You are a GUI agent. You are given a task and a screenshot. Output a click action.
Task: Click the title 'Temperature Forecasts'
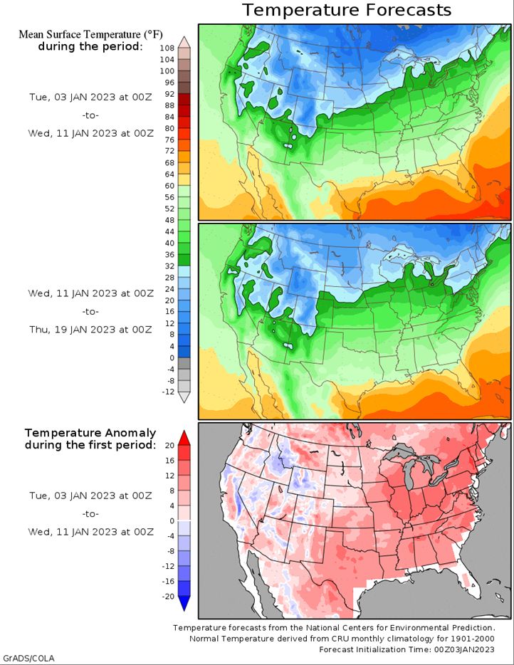point(347,10)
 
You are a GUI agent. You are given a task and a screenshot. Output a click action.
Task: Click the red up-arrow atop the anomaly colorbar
point(183,436)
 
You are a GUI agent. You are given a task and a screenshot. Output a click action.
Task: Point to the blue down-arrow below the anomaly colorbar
point(183,603)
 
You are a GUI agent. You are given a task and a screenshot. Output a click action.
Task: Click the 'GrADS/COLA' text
point(28,657)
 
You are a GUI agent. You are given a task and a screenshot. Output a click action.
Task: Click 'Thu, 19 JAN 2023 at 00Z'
point(90,329)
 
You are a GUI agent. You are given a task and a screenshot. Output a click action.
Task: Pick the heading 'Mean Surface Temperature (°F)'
point(89,34)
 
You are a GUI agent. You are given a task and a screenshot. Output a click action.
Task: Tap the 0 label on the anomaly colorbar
point(171,520)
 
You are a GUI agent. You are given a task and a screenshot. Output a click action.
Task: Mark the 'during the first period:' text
point(90,445)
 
